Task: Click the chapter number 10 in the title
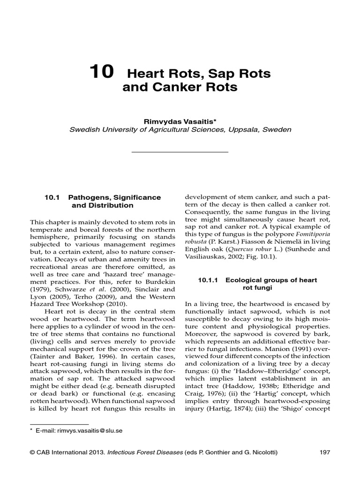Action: (x=101, y=72)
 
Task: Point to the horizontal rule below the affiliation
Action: (x=180, y=152)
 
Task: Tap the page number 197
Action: (x=324, y=452)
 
